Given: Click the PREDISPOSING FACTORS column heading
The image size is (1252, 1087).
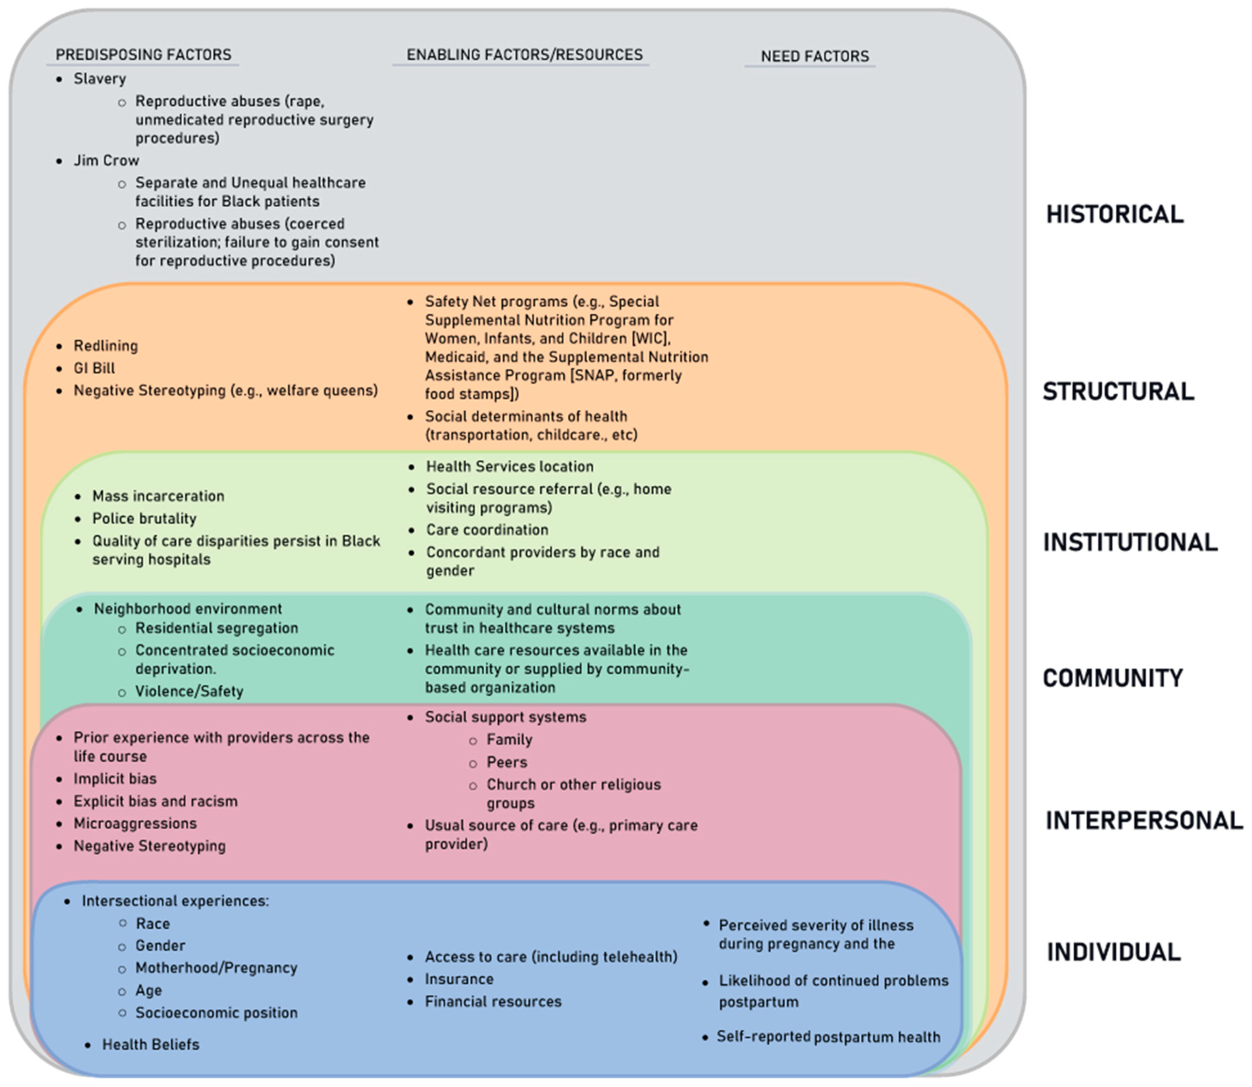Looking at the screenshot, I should click(x=143, y=55).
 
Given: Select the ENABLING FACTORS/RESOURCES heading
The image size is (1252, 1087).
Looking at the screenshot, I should click(x=524, y=55).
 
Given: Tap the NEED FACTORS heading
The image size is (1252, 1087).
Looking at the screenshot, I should click(x=814, y=56).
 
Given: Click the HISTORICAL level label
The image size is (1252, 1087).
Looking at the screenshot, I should click(x=1114, y=215).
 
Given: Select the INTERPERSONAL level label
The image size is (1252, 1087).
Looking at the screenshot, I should click(x=1143, y=821).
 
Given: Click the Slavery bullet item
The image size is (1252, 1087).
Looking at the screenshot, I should click(x=99, y=79).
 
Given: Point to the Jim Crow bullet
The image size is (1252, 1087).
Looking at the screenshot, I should click(x=106, y=161).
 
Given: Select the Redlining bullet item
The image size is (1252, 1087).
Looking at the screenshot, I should click(x=106, y=346).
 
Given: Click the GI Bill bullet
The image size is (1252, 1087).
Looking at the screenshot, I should click(x=94, y=368).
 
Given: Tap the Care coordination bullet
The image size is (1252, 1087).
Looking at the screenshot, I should click(x=487, y=529).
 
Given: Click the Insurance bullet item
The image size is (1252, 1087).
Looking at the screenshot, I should click(x=459, y=979).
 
